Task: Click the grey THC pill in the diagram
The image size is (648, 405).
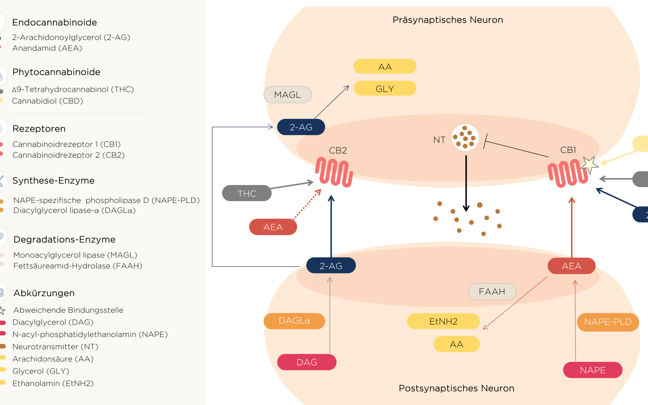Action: (247, 193)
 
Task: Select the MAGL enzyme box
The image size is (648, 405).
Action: (288, 94)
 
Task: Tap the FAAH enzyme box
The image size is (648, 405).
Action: (492, 292)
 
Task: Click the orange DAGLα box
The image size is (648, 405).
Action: (294, 321)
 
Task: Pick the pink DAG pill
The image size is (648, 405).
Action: (307, 362)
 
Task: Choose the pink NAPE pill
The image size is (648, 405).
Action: (593, 370)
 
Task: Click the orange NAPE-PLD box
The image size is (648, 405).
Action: (607, 322)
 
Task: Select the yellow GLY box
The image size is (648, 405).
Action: (385, 89)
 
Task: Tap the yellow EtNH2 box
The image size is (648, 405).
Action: (443, 321)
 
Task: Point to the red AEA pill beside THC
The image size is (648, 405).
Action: (273, 227)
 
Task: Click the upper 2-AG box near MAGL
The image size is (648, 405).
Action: (301, 127)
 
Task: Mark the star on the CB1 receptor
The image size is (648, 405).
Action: (589, 165)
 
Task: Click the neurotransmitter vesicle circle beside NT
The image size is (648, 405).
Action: (465, 137)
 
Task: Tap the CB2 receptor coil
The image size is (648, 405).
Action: (333, 171)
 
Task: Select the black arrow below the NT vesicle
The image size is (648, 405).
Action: (466, 184)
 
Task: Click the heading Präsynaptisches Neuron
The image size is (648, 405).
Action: (448, 20)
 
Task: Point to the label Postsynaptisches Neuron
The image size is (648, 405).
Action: (456, 388)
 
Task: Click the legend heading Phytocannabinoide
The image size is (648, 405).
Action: (56, 72)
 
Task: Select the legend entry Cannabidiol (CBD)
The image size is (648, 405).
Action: (48, 101)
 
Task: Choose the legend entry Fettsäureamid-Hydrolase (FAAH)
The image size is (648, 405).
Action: (78, 266)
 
